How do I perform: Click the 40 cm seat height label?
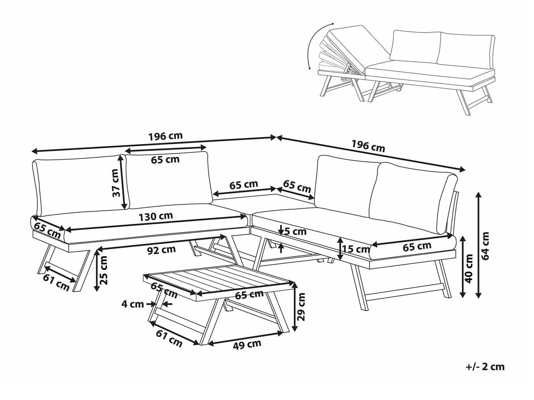pos(469,268)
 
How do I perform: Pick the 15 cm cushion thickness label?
pos(357,249)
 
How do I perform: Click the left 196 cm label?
pos(165,136)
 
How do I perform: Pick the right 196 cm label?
pos(368,145)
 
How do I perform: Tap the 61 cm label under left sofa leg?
pos(56,282)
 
